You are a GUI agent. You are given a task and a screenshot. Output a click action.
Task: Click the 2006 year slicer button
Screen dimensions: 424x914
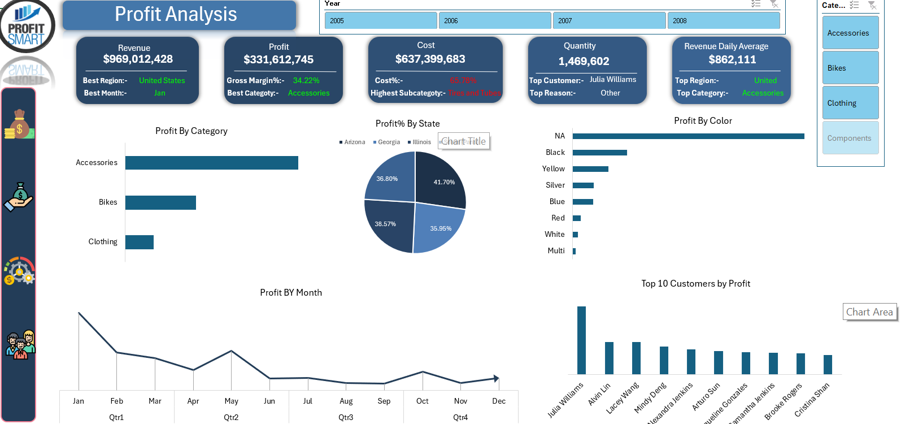click(x=495, y=20)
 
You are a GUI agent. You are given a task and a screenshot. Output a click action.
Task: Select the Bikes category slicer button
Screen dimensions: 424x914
click(x=850, y=68)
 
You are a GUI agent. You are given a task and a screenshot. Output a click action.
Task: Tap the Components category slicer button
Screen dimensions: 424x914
click(x=850, y=138)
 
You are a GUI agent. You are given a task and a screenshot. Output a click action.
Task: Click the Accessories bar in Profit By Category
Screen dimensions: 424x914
click(x=212, y=163)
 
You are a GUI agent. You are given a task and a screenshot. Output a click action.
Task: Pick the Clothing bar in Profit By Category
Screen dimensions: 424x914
click(x=140, y=242)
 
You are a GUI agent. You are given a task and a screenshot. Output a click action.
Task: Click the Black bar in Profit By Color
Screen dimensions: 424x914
click(x=600, y=153)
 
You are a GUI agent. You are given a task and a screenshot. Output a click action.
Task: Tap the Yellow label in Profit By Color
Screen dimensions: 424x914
click(x=553, y=169)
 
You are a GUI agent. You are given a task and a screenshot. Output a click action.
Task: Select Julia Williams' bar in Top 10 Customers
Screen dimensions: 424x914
click(x=581, y=340)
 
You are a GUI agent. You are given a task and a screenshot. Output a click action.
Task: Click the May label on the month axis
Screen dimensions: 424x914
click(x=231, y=401)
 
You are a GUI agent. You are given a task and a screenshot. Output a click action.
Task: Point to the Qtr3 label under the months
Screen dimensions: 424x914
click(x=346, y=418)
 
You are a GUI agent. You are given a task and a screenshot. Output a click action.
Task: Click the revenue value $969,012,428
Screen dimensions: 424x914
click(x=138, y=59)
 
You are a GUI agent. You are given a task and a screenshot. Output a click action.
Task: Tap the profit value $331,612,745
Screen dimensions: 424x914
click(x=278, y=60)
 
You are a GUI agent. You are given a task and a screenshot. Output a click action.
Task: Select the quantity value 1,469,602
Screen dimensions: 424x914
click(x=584, y=62)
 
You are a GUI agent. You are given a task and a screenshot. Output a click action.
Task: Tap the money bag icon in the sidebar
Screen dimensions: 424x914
click(x=19, y=124)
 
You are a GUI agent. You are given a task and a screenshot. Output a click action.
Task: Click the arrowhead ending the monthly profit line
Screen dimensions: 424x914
click(x=496, y=378)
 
